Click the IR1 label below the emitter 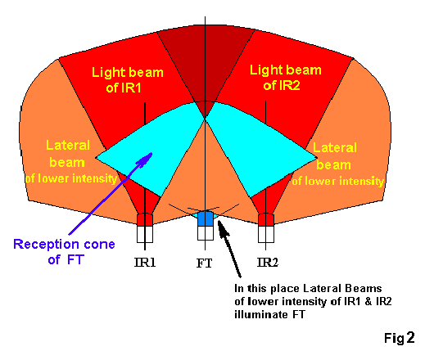[145, 262]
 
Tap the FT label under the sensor [205, 263]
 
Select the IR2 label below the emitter [268, 262]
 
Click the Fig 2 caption [400, 338]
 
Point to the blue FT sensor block [206, 218]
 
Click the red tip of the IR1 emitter [145, 219]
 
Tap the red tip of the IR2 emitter [266, 219]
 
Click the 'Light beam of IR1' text [127, 79]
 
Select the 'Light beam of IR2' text [285, 78]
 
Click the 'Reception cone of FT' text [64, 252]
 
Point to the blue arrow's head [147, 159]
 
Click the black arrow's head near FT [222, 228]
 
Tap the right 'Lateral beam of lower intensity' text [337, 164]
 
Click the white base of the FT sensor [206, 233]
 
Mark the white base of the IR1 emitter [145, 234]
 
